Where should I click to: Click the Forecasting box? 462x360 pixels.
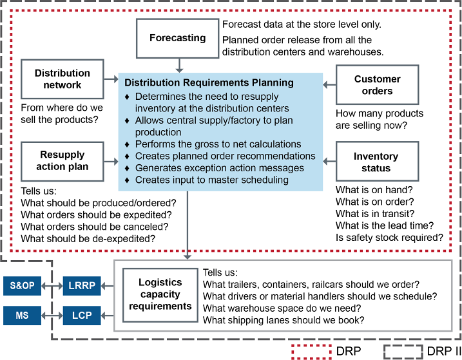pos(177,38)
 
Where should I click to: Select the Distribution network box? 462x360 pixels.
pos(63,79)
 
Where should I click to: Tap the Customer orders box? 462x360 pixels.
pos(377,85)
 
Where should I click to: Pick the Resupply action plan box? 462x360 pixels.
pos(63,161)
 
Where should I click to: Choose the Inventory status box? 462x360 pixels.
pos(376,162)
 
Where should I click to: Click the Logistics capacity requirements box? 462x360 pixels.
pos(160,294)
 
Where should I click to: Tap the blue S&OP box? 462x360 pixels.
pos(22,285)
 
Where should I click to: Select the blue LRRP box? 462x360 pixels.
pos(81,285)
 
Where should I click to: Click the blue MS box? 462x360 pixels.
pos(22,316)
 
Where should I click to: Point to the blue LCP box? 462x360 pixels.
pos(81,316)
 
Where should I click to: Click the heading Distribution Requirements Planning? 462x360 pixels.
pos(209,83)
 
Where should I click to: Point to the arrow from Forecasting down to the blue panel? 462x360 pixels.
pos(180,64)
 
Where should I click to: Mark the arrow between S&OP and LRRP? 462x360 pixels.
pos(52,285)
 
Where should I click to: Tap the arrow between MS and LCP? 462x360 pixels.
pos(52,316)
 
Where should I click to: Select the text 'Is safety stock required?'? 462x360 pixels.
pos(389,237)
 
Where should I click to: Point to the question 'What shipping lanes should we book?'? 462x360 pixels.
pos(284,320)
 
